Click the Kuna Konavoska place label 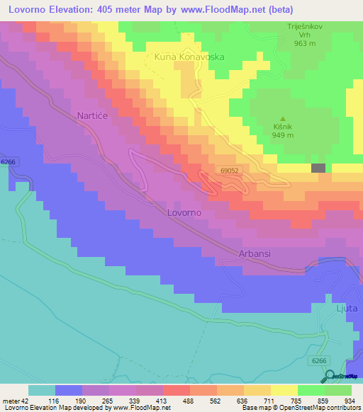[x=190, y=55]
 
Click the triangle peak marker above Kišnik [x=283, y=118]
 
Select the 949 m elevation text [x=283, y=136]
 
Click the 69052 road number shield [x=228, y=171]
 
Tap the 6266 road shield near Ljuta [x=320, y=360]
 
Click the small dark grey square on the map [x=318, y=168]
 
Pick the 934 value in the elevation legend [x=345, y=401]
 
